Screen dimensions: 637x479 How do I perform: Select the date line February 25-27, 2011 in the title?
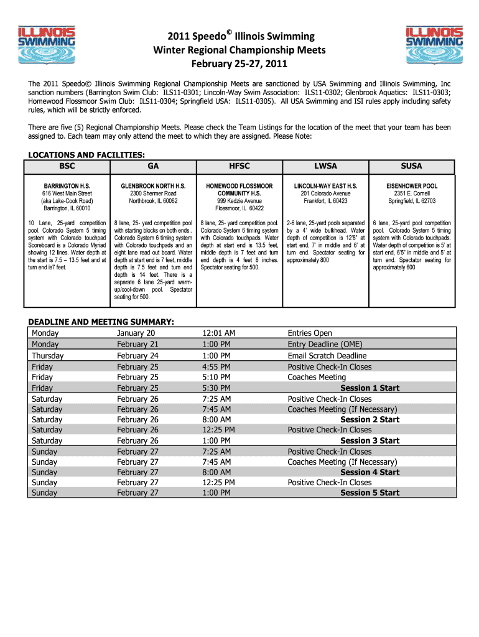[x=239, y=64]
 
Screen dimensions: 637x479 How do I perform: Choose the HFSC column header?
[x=239, y=166]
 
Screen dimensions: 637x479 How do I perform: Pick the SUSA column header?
[x=411, y=166]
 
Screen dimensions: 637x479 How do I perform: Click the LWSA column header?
[x=325, y=166]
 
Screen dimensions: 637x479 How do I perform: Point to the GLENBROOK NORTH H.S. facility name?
[x=153, y=186]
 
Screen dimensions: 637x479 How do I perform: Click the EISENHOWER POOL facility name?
[x=411, y=186]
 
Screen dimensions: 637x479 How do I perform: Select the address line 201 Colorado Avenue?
[x=325, y=193]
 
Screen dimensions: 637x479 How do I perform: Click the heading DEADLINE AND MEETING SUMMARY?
[x=101, y=322]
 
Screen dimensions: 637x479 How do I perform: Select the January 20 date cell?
[x=136, y=333]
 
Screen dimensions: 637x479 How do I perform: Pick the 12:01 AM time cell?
[x=218, y=333]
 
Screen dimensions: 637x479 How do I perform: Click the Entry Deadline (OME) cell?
[x=325, y=344]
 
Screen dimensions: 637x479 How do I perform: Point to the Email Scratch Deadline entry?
[x=327, y=356]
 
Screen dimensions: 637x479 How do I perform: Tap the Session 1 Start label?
[x=370, y=388]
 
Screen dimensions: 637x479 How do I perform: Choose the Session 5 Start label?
[x=370, y=493]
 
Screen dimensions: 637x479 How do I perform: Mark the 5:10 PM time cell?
[x=216, y=377]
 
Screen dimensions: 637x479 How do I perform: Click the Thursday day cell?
[x=48, y=356]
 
